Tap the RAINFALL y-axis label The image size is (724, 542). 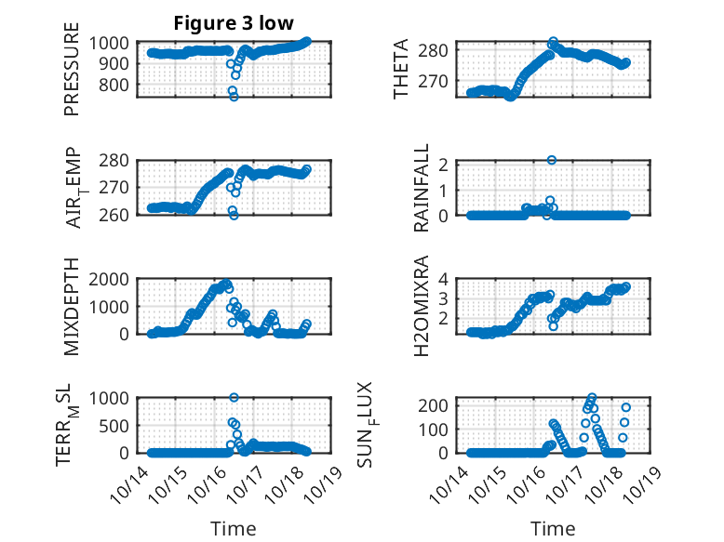pyautogui.click(x=422, y=188)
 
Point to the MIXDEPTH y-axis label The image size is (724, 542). pyautogui.click(x=72, y=306)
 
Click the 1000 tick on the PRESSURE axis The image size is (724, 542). pyautogui.click(x=113, y=43)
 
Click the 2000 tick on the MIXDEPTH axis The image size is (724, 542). pyautogui.click(x=113, y=279)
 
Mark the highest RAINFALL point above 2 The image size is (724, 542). pyautogui.click(x=552, y=160)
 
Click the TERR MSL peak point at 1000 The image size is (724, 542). pyautogui.click(x=234, y=397)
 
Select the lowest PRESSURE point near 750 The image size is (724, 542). pyautogui.click(x=234, y=96)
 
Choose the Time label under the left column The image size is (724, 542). pyautogui.click(x=233, y=528)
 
